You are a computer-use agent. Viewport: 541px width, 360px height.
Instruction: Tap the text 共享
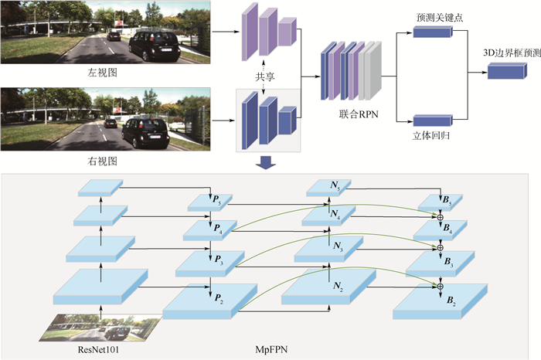pyautogui.click(x=264, y=77)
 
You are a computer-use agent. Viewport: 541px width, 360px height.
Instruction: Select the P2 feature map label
pyautogui.click(x=219, y=297)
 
